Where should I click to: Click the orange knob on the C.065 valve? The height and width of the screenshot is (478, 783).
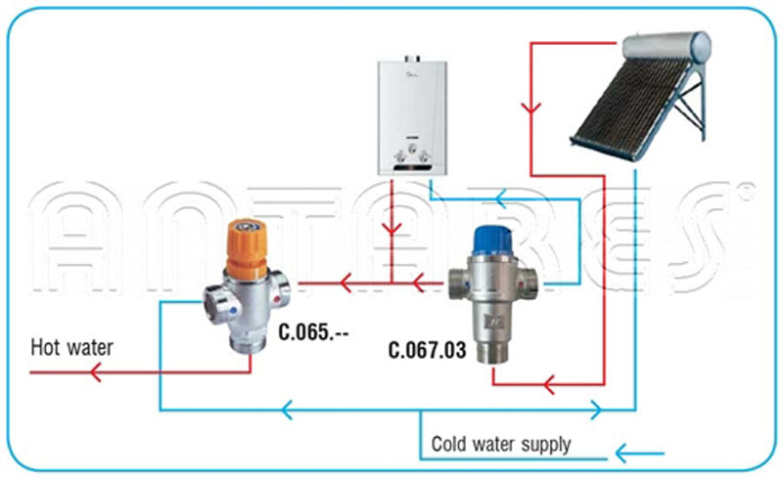pos(247,248)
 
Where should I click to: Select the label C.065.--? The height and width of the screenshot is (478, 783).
pos(313,331)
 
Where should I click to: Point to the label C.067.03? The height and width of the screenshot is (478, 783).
pos(428,350)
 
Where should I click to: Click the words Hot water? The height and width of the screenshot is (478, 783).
pos(71,347)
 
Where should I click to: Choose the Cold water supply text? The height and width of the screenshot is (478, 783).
pos(501,444)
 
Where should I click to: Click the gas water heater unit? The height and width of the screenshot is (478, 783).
pos(412,115)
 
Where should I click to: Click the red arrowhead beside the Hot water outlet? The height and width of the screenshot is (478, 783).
pos(95,372)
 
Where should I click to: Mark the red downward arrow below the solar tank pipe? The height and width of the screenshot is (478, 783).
pos(530,108)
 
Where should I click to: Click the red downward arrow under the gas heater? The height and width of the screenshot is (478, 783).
pos(392,229)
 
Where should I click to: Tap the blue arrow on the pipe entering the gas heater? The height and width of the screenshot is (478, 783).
pos(501,199)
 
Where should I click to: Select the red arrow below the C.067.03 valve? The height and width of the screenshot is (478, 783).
pos(549,385)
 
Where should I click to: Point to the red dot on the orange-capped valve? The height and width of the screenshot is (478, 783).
pos(277,299)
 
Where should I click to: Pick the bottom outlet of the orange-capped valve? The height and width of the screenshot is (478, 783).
pos(249,344)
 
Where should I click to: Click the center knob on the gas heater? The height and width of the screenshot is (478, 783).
pos(412,149)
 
